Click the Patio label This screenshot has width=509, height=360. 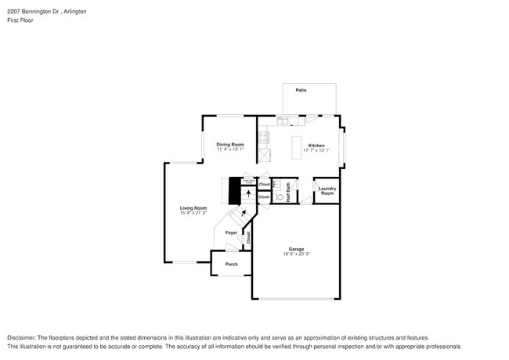(301, 91)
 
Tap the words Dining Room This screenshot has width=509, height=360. (230, 144)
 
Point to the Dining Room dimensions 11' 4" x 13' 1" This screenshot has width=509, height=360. (230, 149)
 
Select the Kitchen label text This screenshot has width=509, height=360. (316, 145)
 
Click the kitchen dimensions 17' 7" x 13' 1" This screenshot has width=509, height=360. (316, 150)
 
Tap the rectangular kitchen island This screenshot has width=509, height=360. (297, 148)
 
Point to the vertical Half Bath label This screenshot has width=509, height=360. (288, 193)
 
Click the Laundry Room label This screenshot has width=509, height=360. (327, 190)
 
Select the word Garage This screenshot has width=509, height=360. (295, 249)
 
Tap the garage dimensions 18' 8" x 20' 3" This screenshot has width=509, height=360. (295, 254)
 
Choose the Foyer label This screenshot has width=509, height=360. (231, 233)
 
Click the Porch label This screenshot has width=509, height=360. (231, 265)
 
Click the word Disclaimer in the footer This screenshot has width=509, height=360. (23, 337)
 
